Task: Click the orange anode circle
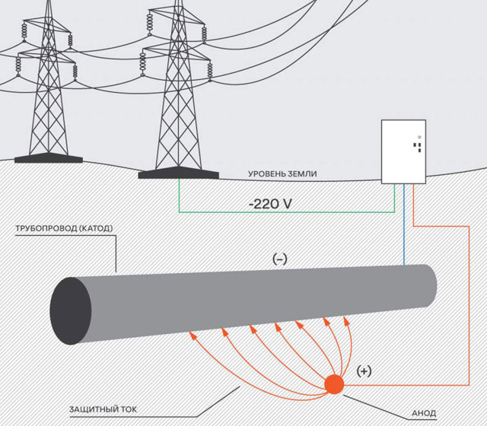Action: coord(333,384)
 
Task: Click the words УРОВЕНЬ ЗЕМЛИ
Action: coord(282,174)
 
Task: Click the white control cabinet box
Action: coord(402,152)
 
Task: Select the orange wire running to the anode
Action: coord(465,304)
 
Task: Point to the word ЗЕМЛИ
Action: coord(303,174)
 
